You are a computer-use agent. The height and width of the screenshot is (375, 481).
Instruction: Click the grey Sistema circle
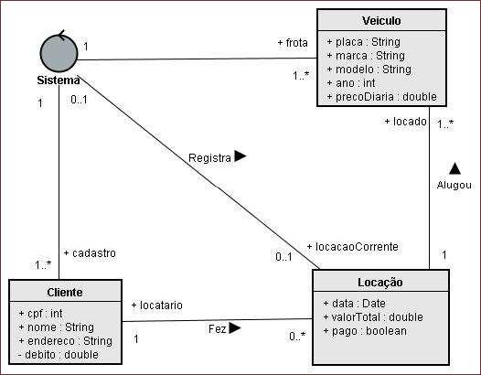click(59, 53)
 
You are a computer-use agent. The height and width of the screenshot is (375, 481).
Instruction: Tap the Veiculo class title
click(381, 21)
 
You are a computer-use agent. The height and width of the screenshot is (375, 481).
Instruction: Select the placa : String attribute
click(364, 42)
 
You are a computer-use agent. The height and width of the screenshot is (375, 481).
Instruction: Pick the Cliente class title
click(65, 293)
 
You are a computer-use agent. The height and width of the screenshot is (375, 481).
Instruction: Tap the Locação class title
click(380, 283)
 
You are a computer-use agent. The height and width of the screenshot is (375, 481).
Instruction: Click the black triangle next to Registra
click(240, 155)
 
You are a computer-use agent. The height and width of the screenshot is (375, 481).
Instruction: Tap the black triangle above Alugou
click(454, 168)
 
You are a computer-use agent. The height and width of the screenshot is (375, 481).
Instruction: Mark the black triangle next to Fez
click(235, 327)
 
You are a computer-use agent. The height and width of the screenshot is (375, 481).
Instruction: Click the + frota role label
click(293, 43)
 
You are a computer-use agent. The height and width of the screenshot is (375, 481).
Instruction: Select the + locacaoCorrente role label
click(353, 247)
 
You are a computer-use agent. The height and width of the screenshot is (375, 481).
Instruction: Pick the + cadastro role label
click(90, 253)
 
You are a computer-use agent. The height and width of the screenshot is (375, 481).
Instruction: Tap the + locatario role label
click(157, 305)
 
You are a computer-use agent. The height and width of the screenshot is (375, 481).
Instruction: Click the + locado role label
click(405, 122)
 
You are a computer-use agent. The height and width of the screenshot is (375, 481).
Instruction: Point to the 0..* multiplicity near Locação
click(297, 337)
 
